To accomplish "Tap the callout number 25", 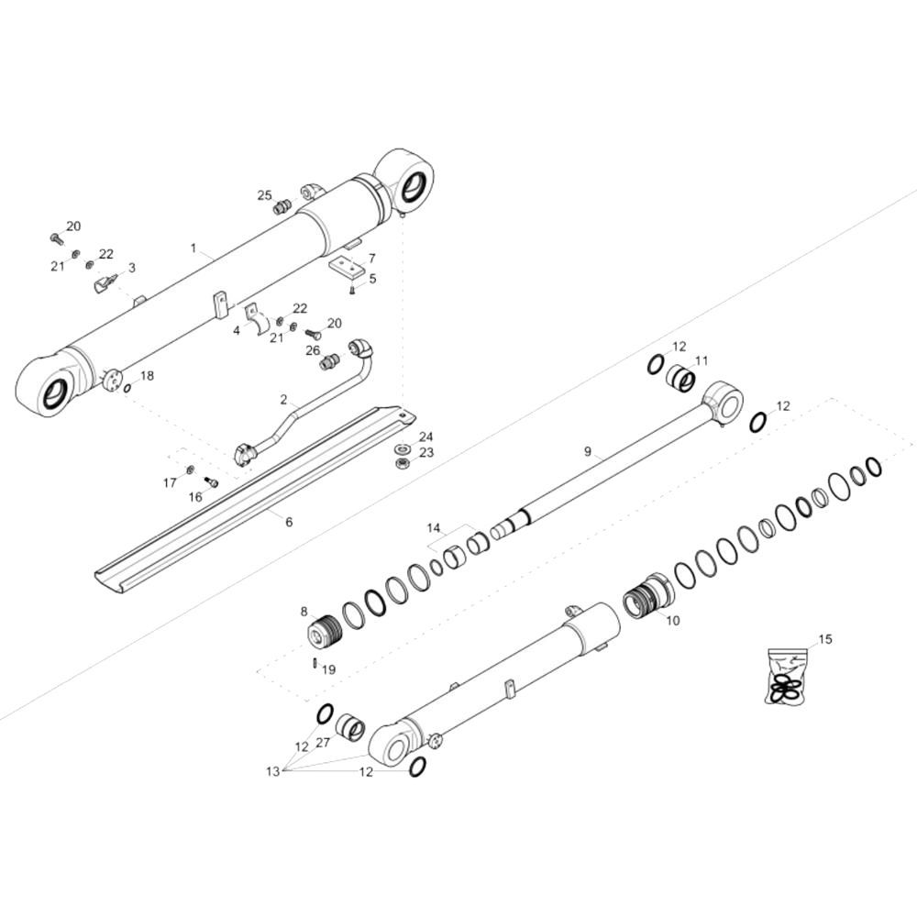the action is (x=265, y=195).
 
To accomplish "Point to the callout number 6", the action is (x=289, y=522).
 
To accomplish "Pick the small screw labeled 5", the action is (x=352, y=290).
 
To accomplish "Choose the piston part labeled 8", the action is (x=325, y=631).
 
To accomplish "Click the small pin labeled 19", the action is (x=315, y=664).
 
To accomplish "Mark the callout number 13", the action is (x=272, y=771).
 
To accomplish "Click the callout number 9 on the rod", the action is (x=588, y=451).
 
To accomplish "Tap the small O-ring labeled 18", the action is (x=127, y=388).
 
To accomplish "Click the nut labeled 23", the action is (x=402, y=464).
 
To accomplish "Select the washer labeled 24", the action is (x=402, y=449).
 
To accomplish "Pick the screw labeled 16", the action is (x=211, y=482).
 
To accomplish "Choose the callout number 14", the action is (x=434, y=528).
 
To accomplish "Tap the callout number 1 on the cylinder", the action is (x=193, y=248).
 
